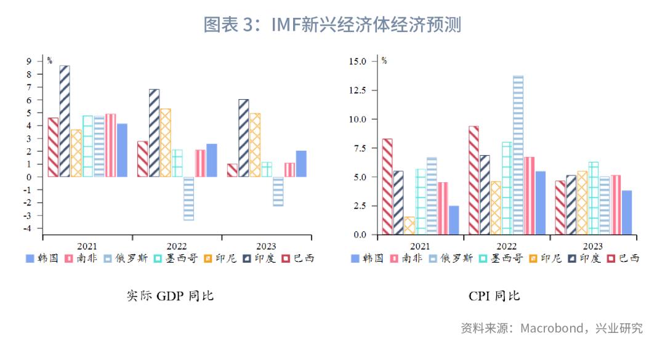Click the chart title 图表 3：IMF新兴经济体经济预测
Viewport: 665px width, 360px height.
coord(332,25)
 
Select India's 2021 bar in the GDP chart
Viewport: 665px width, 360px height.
coord(65,121)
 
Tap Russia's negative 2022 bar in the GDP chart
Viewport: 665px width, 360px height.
coord(188,198)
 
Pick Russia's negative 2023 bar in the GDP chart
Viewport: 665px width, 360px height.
coord(278,191)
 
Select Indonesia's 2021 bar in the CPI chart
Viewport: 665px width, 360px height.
coord(409,226)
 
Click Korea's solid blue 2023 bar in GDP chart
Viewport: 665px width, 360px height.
coord(301,164)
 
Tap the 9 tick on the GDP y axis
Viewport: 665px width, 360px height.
coord(29,61)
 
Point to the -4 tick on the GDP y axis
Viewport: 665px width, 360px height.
coord(28,228)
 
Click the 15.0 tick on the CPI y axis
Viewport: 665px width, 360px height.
coord(357,62)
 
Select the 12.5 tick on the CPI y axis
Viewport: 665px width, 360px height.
coord(357,90)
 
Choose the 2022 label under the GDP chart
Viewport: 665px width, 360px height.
coord(177,246)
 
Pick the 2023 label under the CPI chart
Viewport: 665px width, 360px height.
coord(592,246)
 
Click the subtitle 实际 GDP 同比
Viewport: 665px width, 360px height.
coord(170,296)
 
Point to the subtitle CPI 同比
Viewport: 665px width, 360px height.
coord(494,296)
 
